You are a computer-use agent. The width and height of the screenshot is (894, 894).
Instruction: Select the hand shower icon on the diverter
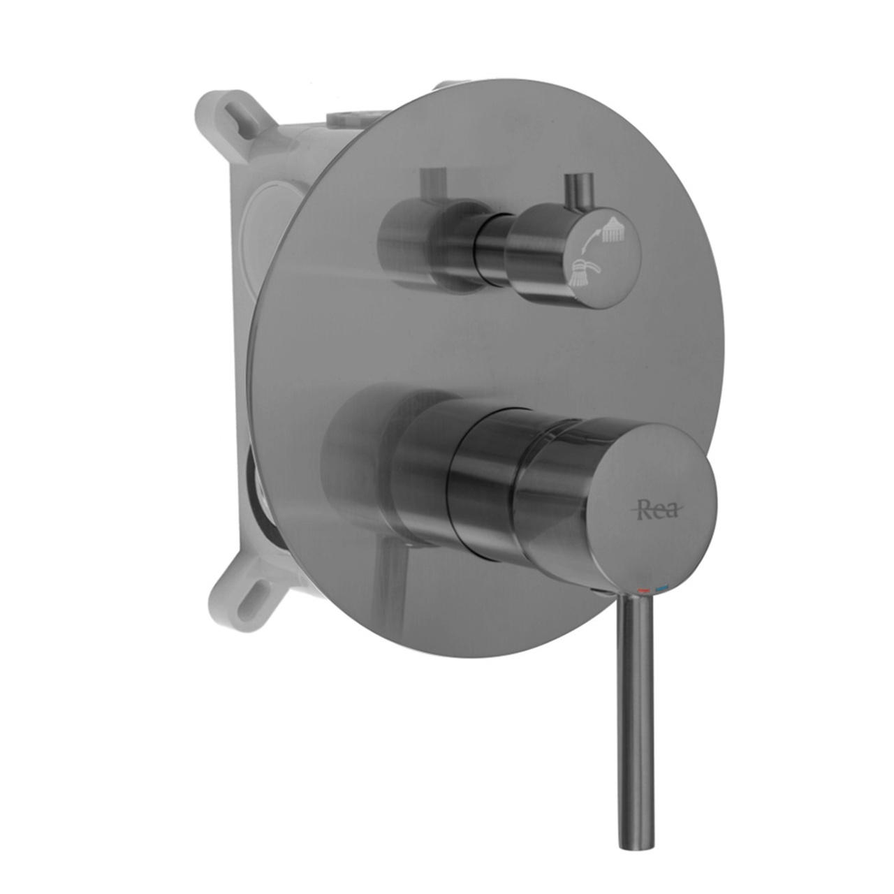point(583,273)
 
